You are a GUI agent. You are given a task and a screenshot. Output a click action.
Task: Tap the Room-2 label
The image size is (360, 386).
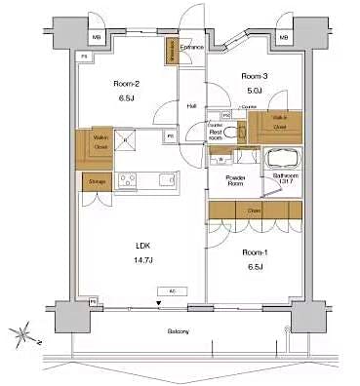[x=128, y=84]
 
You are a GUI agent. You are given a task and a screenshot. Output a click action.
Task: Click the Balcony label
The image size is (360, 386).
[x=177, y=331]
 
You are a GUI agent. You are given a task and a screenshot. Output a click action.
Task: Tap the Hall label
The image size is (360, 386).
[x=192, y=105]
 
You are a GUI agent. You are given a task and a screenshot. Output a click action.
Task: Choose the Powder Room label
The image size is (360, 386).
[x=235, y=179]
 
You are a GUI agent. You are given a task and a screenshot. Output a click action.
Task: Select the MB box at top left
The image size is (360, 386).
[x=96, y=38]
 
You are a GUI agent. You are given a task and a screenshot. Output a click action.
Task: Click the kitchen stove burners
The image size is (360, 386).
[x=126, y=179]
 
